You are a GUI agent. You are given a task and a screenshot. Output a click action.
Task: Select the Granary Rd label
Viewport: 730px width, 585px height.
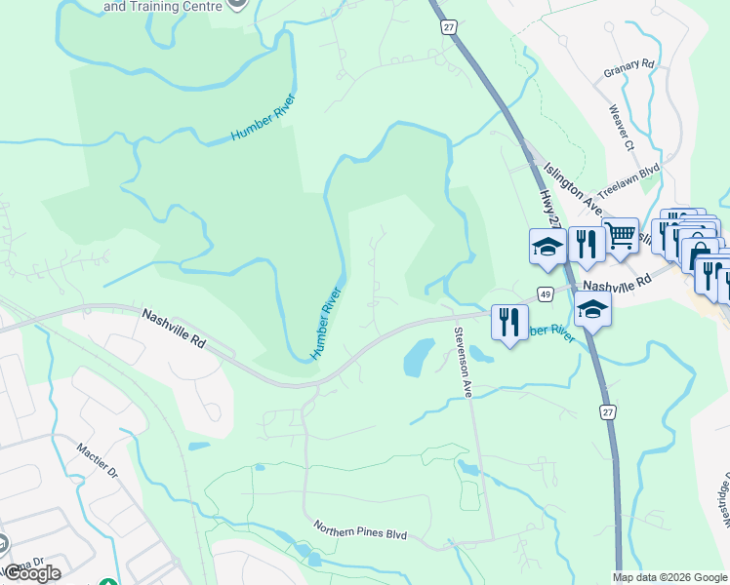(x=629, y=65)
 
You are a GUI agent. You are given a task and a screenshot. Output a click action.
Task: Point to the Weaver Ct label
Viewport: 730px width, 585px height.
(x=621, y=129)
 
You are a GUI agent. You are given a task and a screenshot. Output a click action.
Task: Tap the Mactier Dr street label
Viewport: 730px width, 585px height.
(x=98, y=460)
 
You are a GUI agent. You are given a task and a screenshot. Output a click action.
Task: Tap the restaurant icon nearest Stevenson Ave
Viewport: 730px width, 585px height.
(x=509, y=322)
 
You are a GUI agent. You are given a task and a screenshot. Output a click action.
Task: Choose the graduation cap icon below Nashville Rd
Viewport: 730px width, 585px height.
(x=591, y=311)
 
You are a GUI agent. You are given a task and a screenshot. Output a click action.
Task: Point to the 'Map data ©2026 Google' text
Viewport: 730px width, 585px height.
(x=670, y=577)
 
